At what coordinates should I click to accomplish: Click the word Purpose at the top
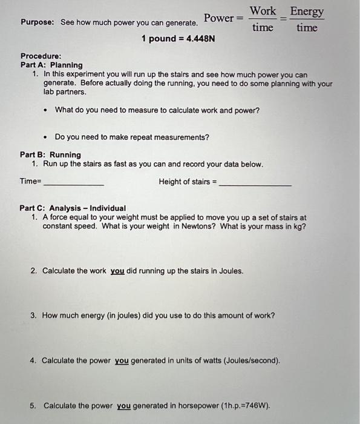[38, 22]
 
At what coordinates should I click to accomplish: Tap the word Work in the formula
[263, 11]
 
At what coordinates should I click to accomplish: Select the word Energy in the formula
[307, 12]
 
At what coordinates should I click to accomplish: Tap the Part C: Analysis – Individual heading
[73, 208]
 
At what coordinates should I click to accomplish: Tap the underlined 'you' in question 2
[117, 271]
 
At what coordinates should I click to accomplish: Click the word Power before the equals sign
[218, 18]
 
